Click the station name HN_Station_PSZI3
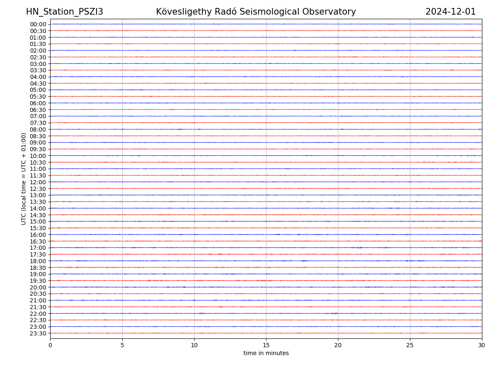[x=64, y=12]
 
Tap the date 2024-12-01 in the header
[x=451, y=12]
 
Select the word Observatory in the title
[x=331, y=12]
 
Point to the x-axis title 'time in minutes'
[x=266, y=353]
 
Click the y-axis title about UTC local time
[x=24, y=178]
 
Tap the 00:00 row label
[x=38, y=24]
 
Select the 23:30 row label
[x=38, y=333]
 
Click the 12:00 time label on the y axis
[x=38, y=182]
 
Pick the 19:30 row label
[x=38, y=281]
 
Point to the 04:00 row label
[x=38, y=77]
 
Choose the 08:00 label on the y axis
[x=38, y=130]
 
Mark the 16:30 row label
[x=38, y=241]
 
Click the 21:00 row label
[x=38, y=300]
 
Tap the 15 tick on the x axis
[x=266, y=346]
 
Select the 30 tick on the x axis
[x=482, y=346]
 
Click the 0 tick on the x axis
[x=50, y=346]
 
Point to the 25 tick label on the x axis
[x=410, y=346]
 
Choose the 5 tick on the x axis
[x=122, y=346]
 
